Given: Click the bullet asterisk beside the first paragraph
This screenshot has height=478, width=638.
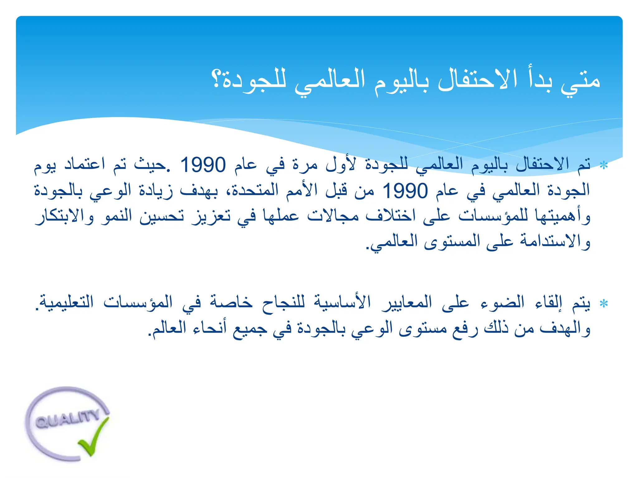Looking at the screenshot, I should (604, 166).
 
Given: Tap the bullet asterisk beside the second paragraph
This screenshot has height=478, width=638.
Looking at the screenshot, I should (604, 303).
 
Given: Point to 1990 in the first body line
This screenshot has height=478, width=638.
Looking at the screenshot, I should (203, 165).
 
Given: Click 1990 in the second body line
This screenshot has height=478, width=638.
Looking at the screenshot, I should (405, 191).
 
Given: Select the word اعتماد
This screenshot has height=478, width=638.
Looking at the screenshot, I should (84, 164).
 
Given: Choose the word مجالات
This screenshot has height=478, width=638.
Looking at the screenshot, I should (333, 215).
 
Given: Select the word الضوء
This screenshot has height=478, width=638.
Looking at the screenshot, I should (502, 302).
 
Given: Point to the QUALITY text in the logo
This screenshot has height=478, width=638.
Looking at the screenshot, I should (67, 419).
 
